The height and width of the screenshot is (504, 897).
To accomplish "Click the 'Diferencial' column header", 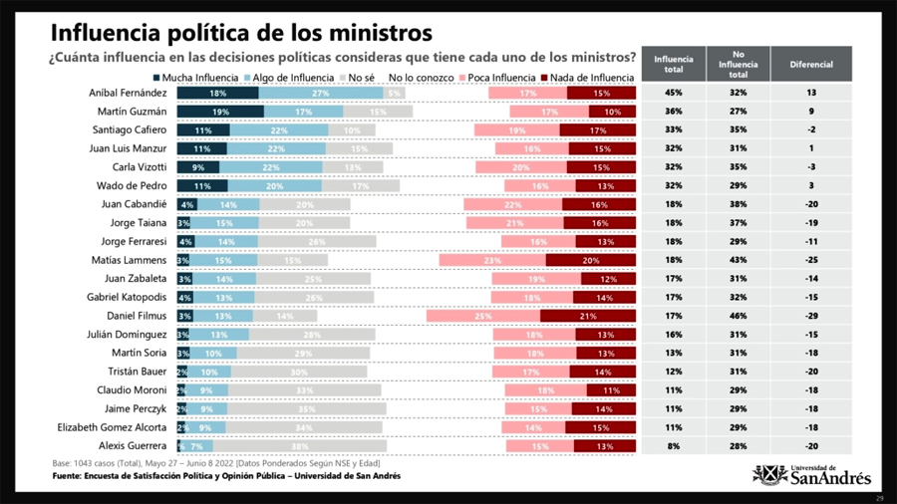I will pos(811,64).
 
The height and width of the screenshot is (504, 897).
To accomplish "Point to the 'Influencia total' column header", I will pos(674,64).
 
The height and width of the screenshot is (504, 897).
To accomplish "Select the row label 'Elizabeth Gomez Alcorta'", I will pos(112,427).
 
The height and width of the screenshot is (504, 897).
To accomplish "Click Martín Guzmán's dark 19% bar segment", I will pos(220,112).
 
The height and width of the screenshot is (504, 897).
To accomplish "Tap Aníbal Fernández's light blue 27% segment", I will pos(321,93).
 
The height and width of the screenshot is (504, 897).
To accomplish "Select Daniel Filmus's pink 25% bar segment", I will pos(483,316).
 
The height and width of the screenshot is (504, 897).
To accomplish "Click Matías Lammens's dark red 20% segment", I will pos(591,260).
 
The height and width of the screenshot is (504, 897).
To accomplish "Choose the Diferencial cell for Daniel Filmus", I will pos(811,316).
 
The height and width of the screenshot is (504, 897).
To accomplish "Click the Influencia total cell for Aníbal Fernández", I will pos(674,93).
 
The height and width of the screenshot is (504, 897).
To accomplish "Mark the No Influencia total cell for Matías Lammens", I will pos(738,260).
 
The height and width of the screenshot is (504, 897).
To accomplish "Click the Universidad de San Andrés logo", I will pos(811,475).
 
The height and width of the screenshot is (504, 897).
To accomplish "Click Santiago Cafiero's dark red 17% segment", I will pos(598,130).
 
